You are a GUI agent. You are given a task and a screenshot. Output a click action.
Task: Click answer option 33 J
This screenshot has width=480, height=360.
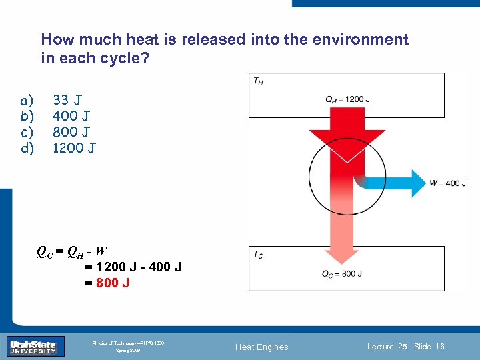tap(67, 100)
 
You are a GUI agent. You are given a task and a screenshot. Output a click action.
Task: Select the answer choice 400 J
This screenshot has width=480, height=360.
tap(69, 116)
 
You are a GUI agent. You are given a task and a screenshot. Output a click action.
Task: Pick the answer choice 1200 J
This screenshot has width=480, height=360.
tap(73, 147)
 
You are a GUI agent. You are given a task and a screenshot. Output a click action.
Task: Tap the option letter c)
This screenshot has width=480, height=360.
tap(27, 131)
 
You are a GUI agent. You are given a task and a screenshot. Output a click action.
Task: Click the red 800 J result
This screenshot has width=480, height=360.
tap(113, 283)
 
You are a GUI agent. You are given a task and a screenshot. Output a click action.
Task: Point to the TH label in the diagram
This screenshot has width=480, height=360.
tap(257, 81)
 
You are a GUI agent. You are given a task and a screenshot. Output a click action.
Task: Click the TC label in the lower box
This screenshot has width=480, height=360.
tap(257, 255)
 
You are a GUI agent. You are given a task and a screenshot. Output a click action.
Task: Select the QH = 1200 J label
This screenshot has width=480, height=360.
tap(347, 99)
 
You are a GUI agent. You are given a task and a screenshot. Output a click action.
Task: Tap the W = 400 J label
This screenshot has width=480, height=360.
tap(447, 183)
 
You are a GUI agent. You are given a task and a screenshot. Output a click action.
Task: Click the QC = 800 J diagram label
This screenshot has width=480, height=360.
tap(341, 273)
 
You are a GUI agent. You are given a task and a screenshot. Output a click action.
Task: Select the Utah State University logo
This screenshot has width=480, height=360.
tap(36, 346)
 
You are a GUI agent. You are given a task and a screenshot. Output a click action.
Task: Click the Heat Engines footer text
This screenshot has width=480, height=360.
tap(263, 347)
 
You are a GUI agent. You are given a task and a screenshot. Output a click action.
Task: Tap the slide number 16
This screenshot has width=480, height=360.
tap(439, 347)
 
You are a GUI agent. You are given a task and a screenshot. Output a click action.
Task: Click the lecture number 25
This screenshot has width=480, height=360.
tap(402, 347)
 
